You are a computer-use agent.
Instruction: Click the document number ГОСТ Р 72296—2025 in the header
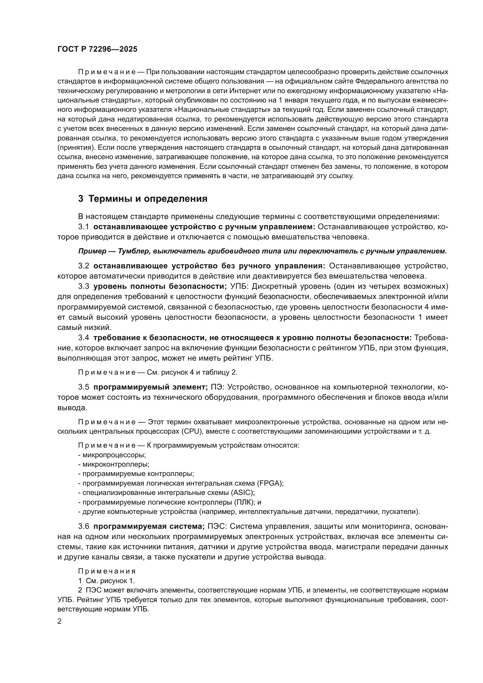(97, 49)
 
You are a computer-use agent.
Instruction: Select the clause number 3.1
(84, 227)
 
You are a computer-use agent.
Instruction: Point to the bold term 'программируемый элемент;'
(150, 387)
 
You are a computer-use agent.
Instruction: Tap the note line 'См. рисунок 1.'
(110, 581)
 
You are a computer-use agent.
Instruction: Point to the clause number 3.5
(84, 387)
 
